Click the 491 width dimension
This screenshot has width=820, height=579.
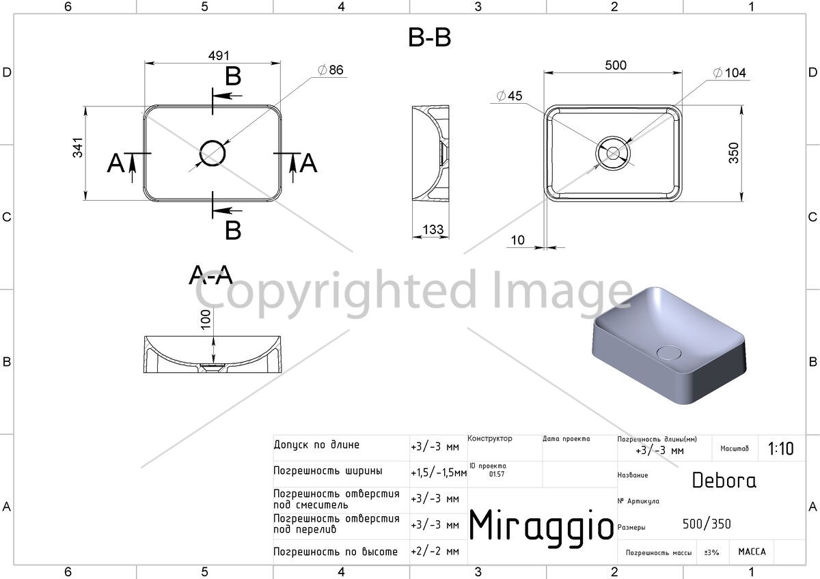point(219,55)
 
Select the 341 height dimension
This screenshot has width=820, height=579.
point(78,147)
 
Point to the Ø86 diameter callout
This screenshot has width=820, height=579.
point(331,70)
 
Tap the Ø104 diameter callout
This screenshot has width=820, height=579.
point(730,73)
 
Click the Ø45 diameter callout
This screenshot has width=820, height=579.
point(509,96)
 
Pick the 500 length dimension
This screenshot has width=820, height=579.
point(616,66)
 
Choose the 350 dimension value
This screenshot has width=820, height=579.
point(734,153)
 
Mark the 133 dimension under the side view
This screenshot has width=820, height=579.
point(433,229)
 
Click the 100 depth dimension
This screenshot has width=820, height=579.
point(206,320)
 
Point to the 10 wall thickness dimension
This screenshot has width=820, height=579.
point(518,240)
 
